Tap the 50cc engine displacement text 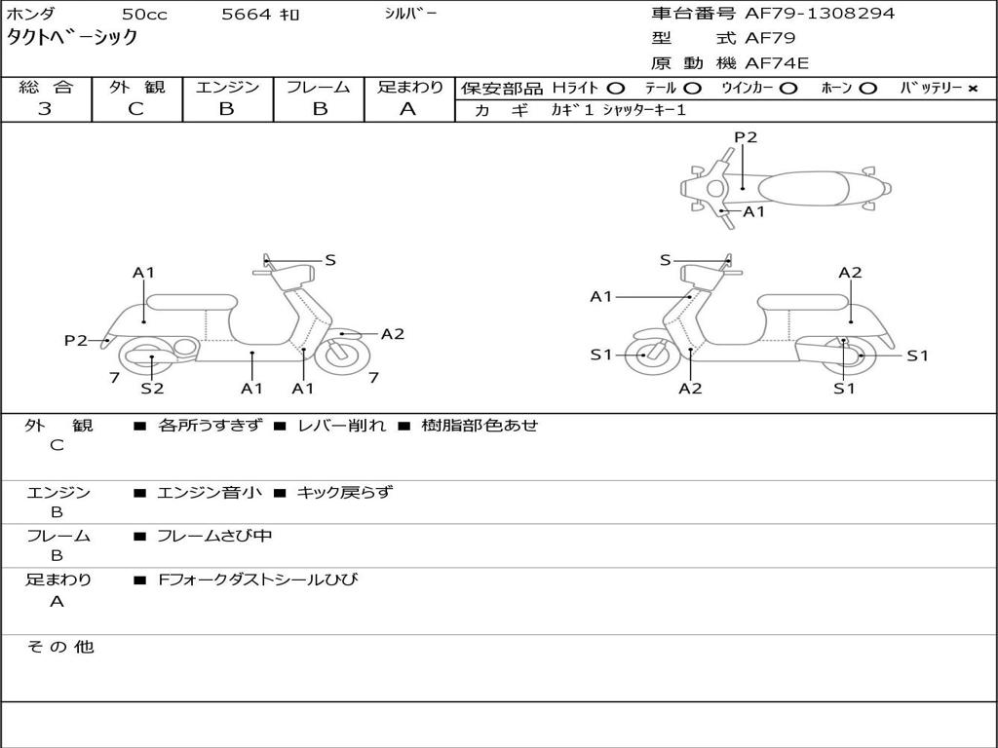click(x=143, y=15)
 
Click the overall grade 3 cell click(x=45, y=109)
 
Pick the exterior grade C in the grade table click(x=135, y=109)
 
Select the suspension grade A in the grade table click(x=408, y=109)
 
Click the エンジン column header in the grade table click(x=227, y=88)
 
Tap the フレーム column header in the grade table click(x=319, y=88)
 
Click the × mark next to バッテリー click(x=972, y=89)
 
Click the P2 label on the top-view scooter click(x=746, y=137)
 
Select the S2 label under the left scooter click(x=152, y=389)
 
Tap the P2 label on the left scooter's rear click(x=76, y=340)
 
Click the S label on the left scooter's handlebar click(x=330, y=260)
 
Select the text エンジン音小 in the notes click(x=209, y=493)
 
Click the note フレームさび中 click(x=214, y=536)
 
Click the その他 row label click(x=59, y=647)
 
